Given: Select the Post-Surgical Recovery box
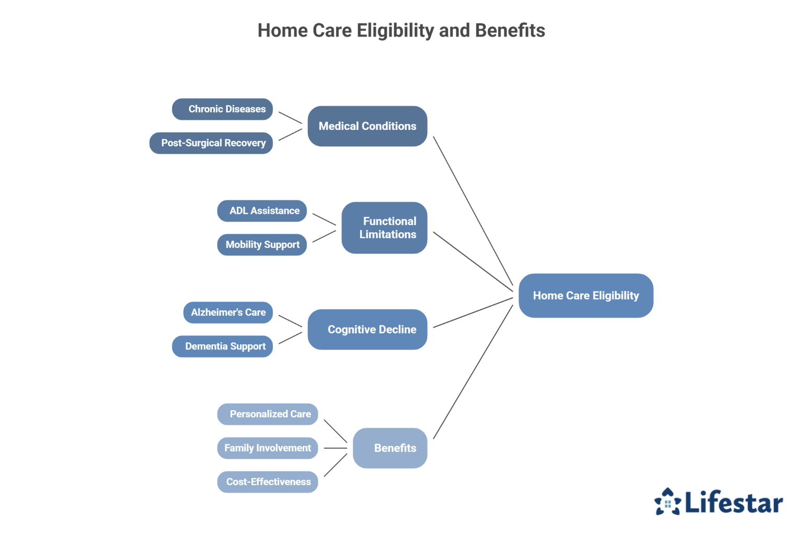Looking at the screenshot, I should click(x=211, y=143).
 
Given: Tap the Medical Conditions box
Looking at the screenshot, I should click(x=367, y=126).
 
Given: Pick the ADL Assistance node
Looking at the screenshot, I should click(x=262, y=211).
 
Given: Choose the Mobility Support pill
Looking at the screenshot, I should click(x=262, y=245).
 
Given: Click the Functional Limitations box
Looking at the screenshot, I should click(x=384, y=228).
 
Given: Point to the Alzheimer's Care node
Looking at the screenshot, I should click(x=228, y=312).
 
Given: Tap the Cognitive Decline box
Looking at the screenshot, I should click(x=367, y=330).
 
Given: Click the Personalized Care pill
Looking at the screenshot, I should click(x=268, y=414).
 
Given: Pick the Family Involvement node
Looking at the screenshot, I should click(x=268, y=448).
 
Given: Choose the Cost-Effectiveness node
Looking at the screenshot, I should click(x=268, y=482).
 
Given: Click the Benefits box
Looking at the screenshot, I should click(x=390, y=448).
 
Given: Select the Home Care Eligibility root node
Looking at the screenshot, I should click(x=586, y=296).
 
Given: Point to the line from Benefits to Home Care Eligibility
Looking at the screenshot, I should click(x=473, y=372).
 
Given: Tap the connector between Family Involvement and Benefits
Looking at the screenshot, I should click(x=336, y=448).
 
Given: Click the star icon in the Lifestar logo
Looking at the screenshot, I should click(x=668, y=502).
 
